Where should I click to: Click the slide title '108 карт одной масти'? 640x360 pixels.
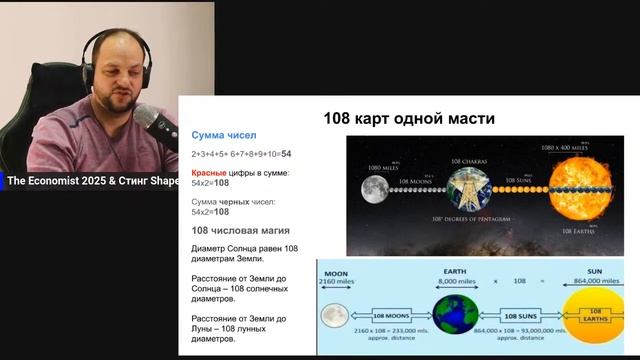tap(409, 119)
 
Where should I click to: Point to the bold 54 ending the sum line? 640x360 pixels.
tap(286, 154)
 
